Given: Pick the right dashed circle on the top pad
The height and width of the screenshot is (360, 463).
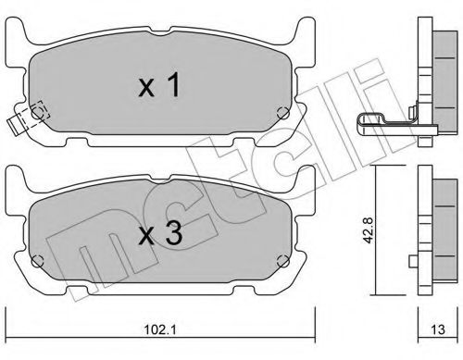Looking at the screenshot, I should tap(283, 113).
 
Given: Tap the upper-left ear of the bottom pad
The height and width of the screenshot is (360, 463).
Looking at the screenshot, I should tap(19, 176).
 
